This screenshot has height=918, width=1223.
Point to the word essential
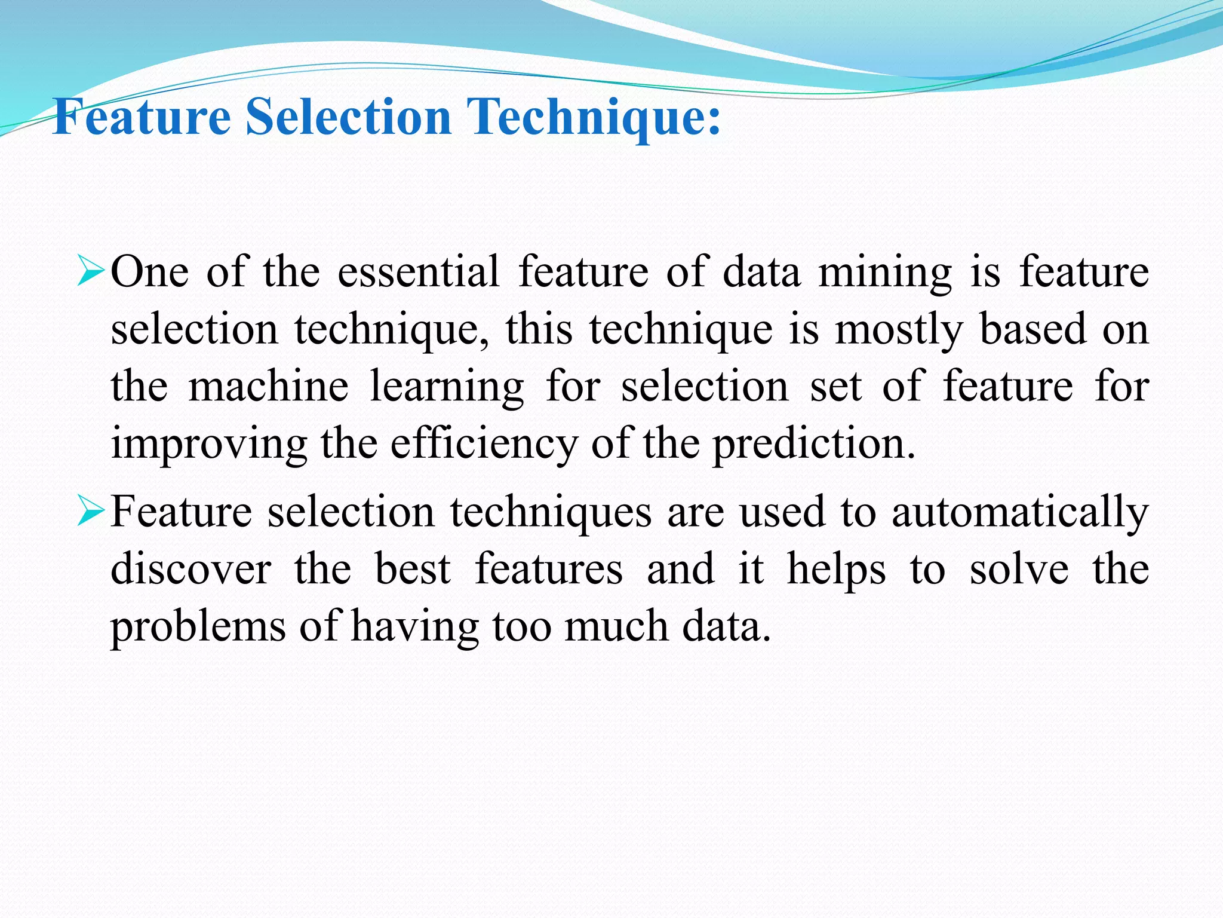tap(419, 272)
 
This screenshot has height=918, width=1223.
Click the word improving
tap(209, 445)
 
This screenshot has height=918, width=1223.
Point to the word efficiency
tap(484, 445)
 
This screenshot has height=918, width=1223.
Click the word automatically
tap(1020, 513)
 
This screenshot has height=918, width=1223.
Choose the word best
tap(413, 570)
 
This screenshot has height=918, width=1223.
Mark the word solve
tap(1019, 570)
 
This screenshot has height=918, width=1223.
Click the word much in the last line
tap(616, 626)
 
